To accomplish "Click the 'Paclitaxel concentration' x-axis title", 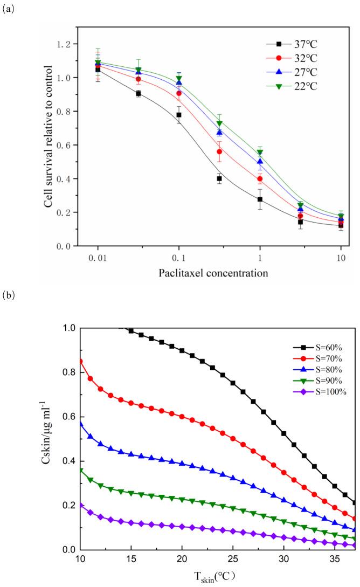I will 213,273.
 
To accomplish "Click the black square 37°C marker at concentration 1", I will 260,199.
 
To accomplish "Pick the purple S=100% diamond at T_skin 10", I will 81,505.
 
